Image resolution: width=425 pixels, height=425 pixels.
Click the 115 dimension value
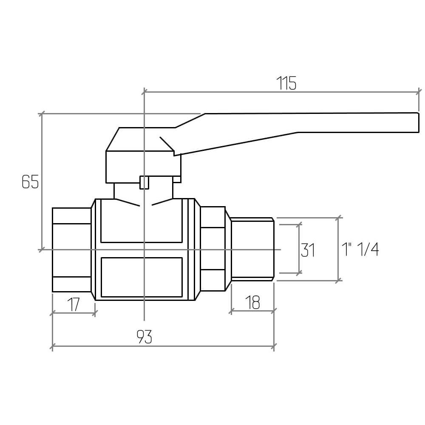(287, 84)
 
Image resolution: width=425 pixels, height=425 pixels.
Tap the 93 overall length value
(144, 337)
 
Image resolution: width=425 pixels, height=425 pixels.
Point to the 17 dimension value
(74, 304)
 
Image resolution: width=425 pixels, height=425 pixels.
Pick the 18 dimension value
(252, 303)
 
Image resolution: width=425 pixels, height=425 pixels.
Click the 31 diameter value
(308, 250)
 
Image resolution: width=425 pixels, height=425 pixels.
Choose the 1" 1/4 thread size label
(360, 249)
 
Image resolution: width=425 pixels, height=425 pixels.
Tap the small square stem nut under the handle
(144, 182)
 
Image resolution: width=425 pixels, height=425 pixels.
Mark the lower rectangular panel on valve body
(141, 277)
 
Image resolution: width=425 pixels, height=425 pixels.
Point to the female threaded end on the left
(71, 249)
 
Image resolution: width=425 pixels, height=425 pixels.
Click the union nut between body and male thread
(212, 249)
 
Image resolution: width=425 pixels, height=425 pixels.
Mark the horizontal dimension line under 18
(252, 311)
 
